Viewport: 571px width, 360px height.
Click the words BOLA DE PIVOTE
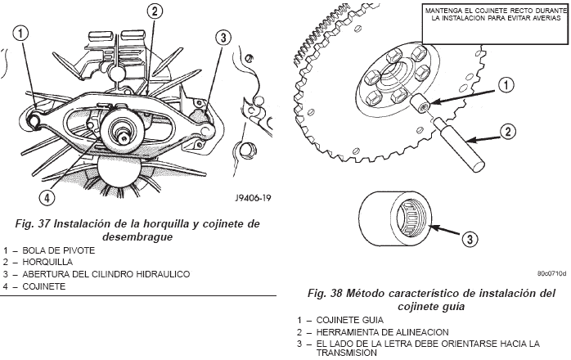[61, 250]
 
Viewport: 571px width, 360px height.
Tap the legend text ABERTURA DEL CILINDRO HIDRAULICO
[107, 274]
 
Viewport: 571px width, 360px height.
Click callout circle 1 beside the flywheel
[506, 84]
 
